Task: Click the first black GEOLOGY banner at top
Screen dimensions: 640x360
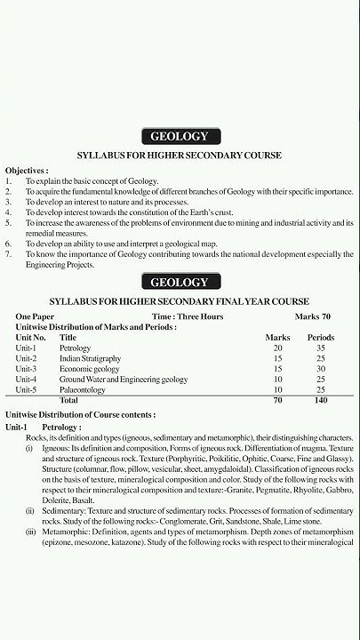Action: click(180, 136)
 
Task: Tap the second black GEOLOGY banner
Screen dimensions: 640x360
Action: click(180, 283)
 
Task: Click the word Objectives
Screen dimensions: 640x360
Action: click(27, 169)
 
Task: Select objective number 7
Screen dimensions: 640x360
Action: click(8, 254)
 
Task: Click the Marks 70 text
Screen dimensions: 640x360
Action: click(313, 316)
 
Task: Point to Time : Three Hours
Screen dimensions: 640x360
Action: click(186, 316)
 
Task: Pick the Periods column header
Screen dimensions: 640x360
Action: click(320, 338)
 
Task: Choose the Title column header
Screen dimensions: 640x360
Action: click(68, 338)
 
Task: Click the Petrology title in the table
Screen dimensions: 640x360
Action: click(76, 348)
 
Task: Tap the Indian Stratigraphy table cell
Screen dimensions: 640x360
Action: click(91, 358)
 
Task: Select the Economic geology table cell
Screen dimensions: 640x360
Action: click(90, 369)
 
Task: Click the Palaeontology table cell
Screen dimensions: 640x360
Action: click(83, 390)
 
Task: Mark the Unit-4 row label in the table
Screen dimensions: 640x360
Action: click(26, 380)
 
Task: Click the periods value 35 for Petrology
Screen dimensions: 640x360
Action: click(320, 348)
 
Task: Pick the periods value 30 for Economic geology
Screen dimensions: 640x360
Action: click(320, 369)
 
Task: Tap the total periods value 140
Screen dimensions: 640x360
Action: click(320, 401)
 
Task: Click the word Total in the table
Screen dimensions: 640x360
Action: click(68, 401)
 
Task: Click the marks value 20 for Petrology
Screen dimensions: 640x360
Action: click(277, 348)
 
